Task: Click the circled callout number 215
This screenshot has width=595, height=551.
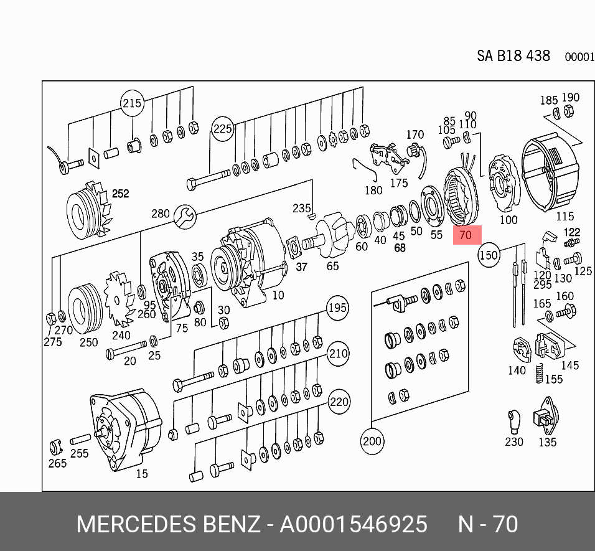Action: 132,103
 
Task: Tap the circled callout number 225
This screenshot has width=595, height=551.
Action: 222,129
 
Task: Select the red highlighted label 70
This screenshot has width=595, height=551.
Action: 467,235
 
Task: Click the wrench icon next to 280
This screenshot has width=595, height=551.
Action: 185,217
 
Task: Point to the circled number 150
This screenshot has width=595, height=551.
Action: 489,255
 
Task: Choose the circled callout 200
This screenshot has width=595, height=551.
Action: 372,441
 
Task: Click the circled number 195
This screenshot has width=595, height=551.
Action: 338,308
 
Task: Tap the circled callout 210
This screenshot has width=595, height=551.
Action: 338,354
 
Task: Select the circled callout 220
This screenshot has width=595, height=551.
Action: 339,402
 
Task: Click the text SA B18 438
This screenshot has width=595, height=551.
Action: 513,56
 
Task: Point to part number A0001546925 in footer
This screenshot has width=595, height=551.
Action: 354,524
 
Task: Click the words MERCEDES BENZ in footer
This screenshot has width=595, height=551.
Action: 169,524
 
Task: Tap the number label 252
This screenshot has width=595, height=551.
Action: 121,194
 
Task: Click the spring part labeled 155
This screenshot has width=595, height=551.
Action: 539,373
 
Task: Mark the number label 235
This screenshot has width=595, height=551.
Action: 302,208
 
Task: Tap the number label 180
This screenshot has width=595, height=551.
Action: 373,190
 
